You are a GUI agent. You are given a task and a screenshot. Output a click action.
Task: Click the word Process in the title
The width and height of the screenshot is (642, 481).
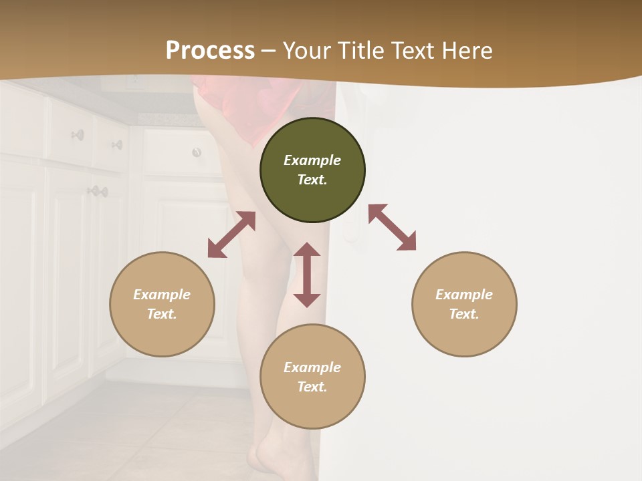pyautogui.click(x=210, y=51)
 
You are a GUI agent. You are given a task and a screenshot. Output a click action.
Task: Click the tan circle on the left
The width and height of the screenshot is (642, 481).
pyautogui.click(x=162, y=304)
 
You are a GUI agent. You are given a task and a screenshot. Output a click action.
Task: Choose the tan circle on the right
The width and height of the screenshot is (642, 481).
pyautogui.click(x=464, y=304)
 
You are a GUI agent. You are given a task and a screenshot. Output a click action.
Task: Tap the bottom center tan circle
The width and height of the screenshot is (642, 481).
pyautogui.click(x=312, y=377)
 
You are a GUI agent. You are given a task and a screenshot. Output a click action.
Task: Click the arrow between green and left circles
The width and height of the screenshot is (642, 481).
pyautogui.click(x=231, y=234)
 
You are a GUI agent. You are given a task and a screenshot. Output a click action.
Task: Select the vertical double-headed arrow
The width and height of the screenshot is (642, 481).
pyautogui.click(x=307, y=275)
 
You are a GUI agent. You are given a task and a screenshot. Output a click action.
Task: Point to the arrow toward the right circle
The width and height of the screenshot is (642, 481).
pyautogui.click(x=392, y=227)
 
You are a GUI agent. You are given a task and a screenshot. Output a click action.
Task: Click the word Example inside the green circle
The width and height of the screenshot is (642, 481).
pyautogui.click(x=312, y=160)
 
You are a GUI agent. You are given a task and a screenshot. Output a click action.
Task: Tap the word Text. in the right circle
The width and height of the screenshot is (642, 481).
pyautogui.click(x=464, y=314)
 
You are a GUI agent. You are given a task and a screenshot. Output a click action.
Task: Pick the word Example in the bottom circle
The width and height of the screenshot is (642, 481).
pyautogui.click(x=312, y=367)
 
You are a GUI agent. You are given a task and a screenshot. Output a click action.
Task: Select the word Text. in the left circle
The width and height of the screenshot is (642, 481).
pyautogui.click(x=162, y=314)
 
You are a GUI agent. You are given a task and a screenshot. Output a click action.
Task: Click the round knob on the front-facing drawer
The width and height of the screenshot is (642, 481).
pyautogui.click(x=197, y=153)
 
